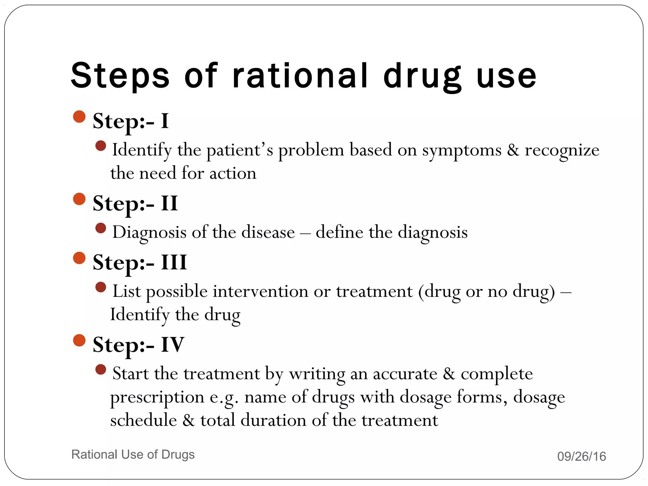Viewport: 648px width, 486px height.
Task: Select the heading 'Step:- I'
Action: (x=130, y=121)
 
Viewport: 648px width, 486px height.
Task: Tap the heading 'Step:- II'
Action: (x=135, y=203)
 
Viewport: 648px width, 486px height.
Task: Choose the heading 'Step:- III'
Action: (x=140, y=263)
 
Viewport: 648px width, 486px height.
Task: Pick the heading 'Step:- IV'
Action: (x=138, y=345)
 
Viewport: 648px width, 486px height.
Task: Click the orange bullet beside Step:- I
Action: (x=79, y=116)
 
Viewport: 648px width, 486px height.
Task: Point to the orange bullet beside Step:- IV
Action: (x=79, y=340)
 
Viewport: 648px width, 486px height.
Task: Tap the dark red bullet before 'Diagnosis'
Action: (x=101, y=228)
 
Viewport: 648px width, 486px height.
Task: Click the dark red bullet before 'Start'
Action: (x=101, y=370)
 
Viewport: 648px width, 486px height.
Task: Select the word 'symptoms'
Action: (x=462, y=151)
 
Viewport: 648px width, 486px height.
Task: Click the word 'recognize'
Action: (x=562, y=151)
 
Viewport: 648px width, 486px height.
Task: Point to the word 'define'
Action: (x=340, y=232)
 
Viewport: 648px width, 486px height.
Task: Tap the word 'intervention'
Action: (x=260, y=291)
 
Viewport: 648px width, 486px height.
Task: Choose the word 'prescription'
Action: (x=157, y=398)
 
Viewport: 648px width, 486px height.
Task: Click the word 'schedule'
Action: (x=143, y=421)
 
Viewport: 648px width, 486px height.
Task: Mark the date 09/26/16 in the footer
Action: (x=582, y=457)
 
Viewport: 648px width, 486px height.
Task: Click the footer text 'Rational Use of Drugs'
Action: (x=133, y=454)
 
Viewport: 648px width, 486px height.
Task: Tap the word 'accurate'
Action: (x=405, y=374)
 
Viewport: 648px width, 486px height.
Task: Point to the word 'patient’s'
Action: (x=240, y=151)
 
